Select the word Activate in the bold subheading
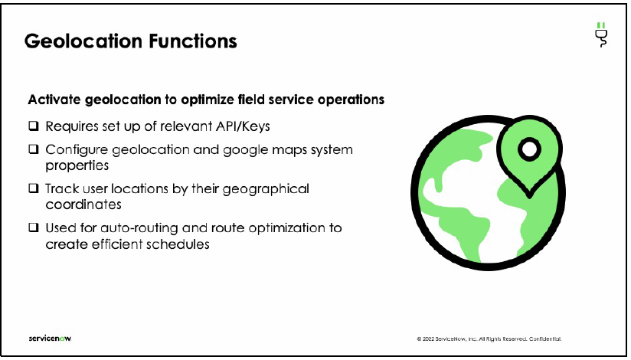pos(55,100)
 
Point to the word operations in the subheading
pos(349,100)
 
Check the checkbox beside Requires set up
pos(34,126)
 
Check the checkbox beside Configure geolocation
pos(34,150)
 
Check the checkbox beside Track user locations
pos(34,188)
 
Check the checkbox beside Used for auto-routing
pos(34,228)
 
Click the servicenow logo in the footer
pos(50,338)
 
